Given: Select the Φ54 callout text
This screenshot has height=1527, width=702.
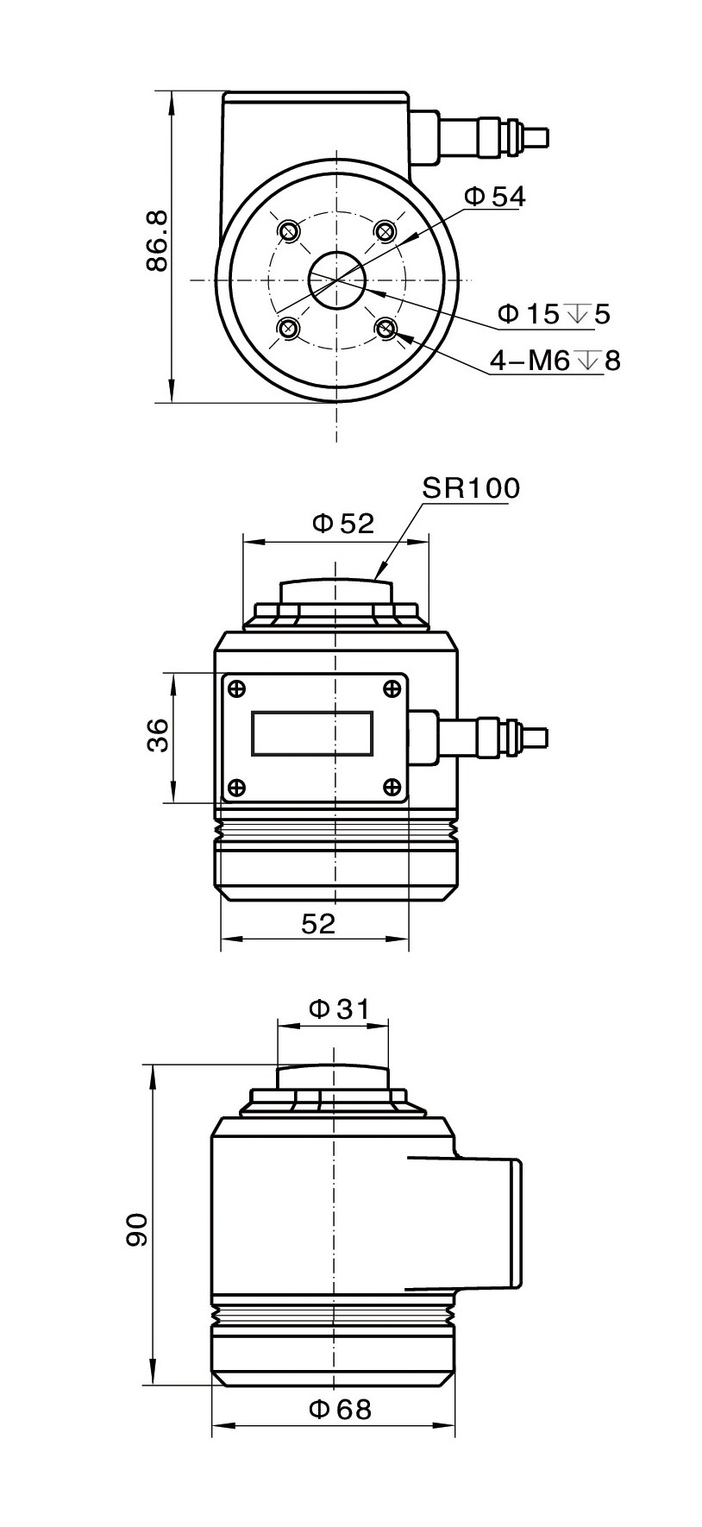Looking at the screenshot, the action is click(494, 197).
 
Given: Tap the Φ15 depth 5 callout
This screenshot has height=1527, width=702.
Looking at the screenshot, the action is click(554, 314).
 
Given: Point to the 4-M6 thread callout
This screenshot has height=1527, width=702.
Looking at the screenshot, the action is click(555, 360).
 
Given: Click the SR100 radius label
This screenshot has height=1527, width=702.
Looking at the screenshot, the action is click(471, 488).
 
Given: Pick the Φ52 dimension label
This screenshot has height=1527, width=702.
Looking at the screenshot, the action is click(342, 523).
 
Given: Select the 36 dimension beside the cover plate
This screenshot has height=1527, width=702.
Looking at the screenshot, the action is click(159, 736).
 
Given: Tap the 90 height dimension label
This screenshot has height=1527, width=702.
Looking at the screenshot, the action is click(137, 1229).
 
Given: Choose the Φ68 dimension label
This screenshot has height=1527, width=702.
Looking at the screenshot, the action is click(340, 1410).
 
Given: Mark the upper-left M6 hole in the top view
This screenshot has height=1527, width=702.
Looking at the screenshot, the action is click(289, 230).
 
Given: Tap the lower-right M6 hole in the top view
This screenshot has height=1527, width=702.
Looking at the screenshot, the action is click(385, 328).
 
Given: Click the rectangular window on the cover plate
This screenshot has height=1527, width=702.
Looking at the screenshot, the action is click(312, 734).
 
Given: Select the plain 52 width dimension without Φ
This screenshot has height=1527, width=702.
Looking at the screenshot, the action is click(317, 924).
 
